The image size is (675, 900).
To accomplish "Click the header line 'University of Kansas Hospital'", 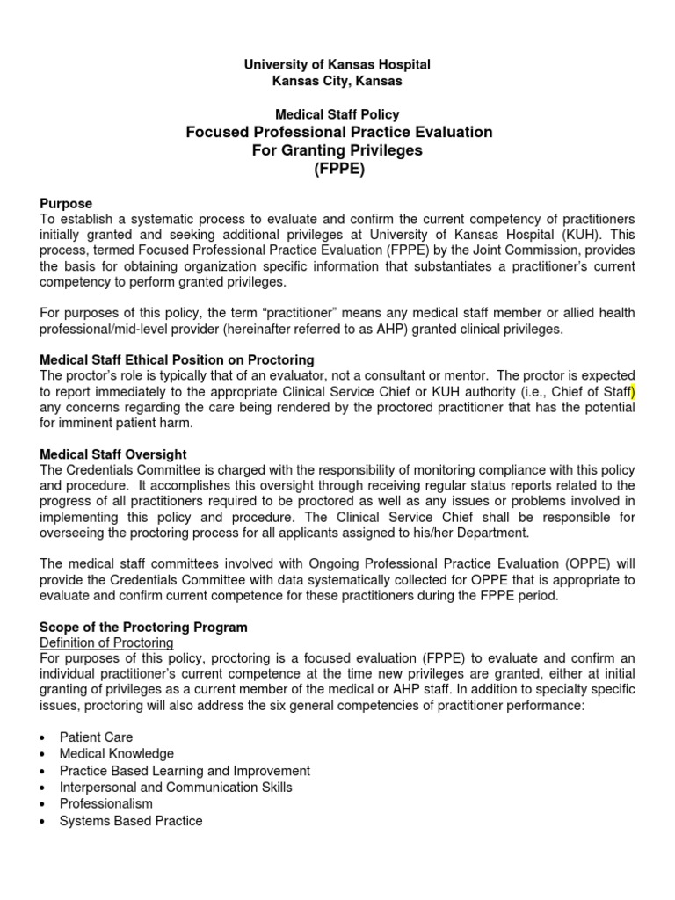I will [x=338, y=65].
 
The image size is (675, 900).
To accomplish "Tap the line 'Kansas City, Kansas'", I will [x=338, y=81].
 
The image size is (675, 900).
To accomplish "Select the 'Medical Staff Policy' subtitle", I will [x=338, y=114].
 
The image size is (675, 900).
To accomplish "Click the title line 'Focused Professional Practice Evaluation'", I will [x=338, y=132].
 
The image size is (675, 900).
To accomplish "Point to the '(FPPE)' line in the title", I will [x=338, y=169].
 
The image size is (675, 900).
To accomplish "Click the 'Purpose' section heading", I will [x=67, y=203].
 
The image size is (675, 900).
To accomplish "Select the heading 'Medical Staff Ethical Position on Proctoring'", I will [x=178, y=360].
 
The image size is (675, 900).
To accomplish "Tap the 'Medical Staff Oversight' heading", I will [x=113, y=454].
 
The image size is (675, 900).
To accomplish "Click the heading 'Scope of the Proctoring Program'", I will [x=144, y=628].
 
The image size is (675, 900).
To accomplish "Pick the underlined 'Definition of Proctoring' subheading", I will [x=106, y=643].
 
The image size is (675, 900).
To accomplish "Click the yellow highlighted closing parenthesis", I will [x=632, y=391].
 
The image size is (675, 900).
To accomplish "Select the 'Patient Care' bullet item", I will [x=96, y=737].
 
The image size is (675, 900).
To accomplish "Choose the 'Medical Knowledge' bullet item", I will [x=116, y=754].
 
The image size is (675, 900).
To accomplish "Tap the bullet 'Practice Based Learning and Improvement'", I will [x=185, y=771].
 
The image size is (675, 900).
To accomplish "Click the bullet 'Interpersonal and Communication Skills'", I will [x=176, y=787].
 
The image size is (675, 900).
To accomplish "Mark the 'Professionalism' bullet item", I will [x=105, y=804].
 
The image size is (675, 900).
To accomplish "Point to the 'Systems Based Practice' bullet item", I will [x=130, y=821].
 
